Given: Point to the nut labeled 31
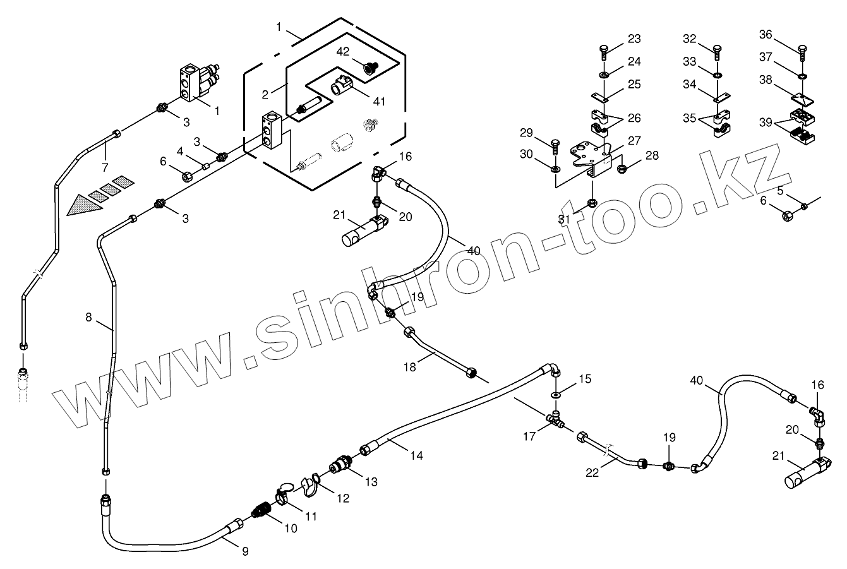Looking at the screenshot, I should [x=592, y=203].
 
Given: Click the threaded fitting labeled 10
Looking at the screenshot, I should [x=261, y=510].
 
